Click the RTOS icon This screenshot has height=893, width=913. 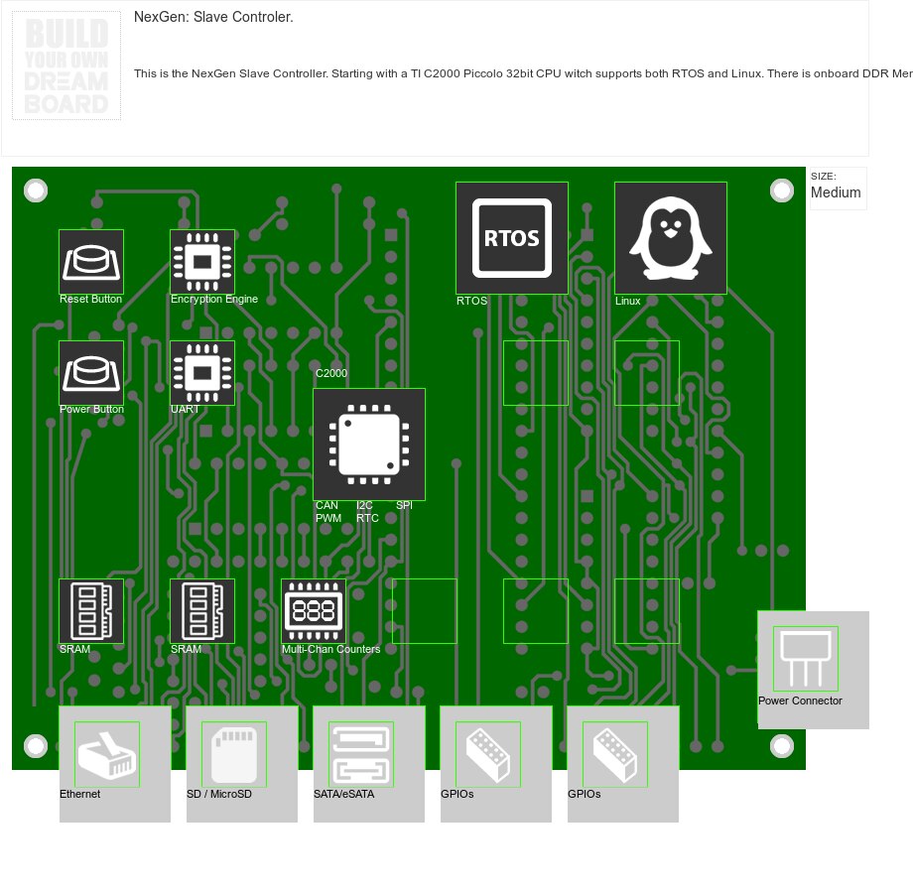coord(512,237)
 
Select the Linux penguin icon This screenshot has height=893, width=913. coord(671,238)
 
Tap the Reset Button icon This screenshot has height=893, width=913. coord(91,262)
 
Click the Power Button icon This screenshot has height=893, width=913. coord(91,373)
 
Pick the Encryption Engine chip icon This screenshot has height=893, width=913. coord(202,262)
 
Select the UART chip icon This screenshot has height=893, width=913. coord(202,373)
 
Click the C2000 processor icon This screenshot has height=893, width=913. coord(369,445)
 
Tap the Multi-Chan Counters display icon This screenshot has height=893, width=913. coord(314,611)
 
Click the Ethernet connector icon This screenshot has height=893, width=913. coord(107,754)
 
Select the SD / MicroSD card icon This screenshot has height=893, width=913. coord(234,754)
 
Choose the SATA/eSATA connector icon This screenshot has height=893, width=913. coord(361,754)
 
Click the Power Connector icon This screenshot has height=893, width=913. coord(806,659)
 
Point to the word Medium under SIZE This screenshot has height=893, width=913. coord(836,192)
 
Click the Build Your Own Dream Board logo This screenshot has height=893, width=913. coord(66,65)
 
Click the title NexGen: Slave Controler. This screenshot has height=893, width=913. coord(213,17)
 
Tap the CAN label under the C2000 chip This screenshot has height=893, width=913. coord(326,506)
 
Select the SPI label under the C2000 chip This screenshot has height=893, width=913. coord(404,506)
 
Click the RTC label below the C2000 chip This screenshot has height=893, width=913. coord(367,518)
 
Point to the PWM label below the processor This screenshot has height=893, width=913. coord(328,518)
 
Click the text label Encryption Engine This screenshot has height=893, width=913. coord(214,299)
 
